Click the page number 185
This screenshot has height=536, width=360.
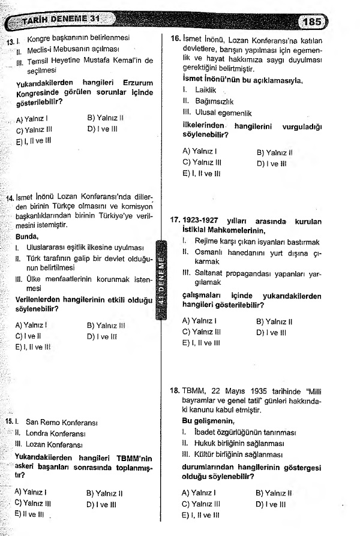point(313,22)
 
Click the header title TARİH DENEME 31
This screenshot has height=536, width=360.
point(58,22)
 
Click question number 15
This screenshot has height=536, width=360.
point(10,423)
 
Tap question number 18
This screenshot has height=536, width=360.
point(175,390)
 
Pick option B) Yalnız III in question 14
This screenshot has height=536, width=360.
point(106,326)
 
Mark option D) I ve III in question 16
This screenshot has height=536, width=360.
point(272,162)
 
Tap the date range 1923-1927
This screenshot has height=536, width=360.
point(208,221)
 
